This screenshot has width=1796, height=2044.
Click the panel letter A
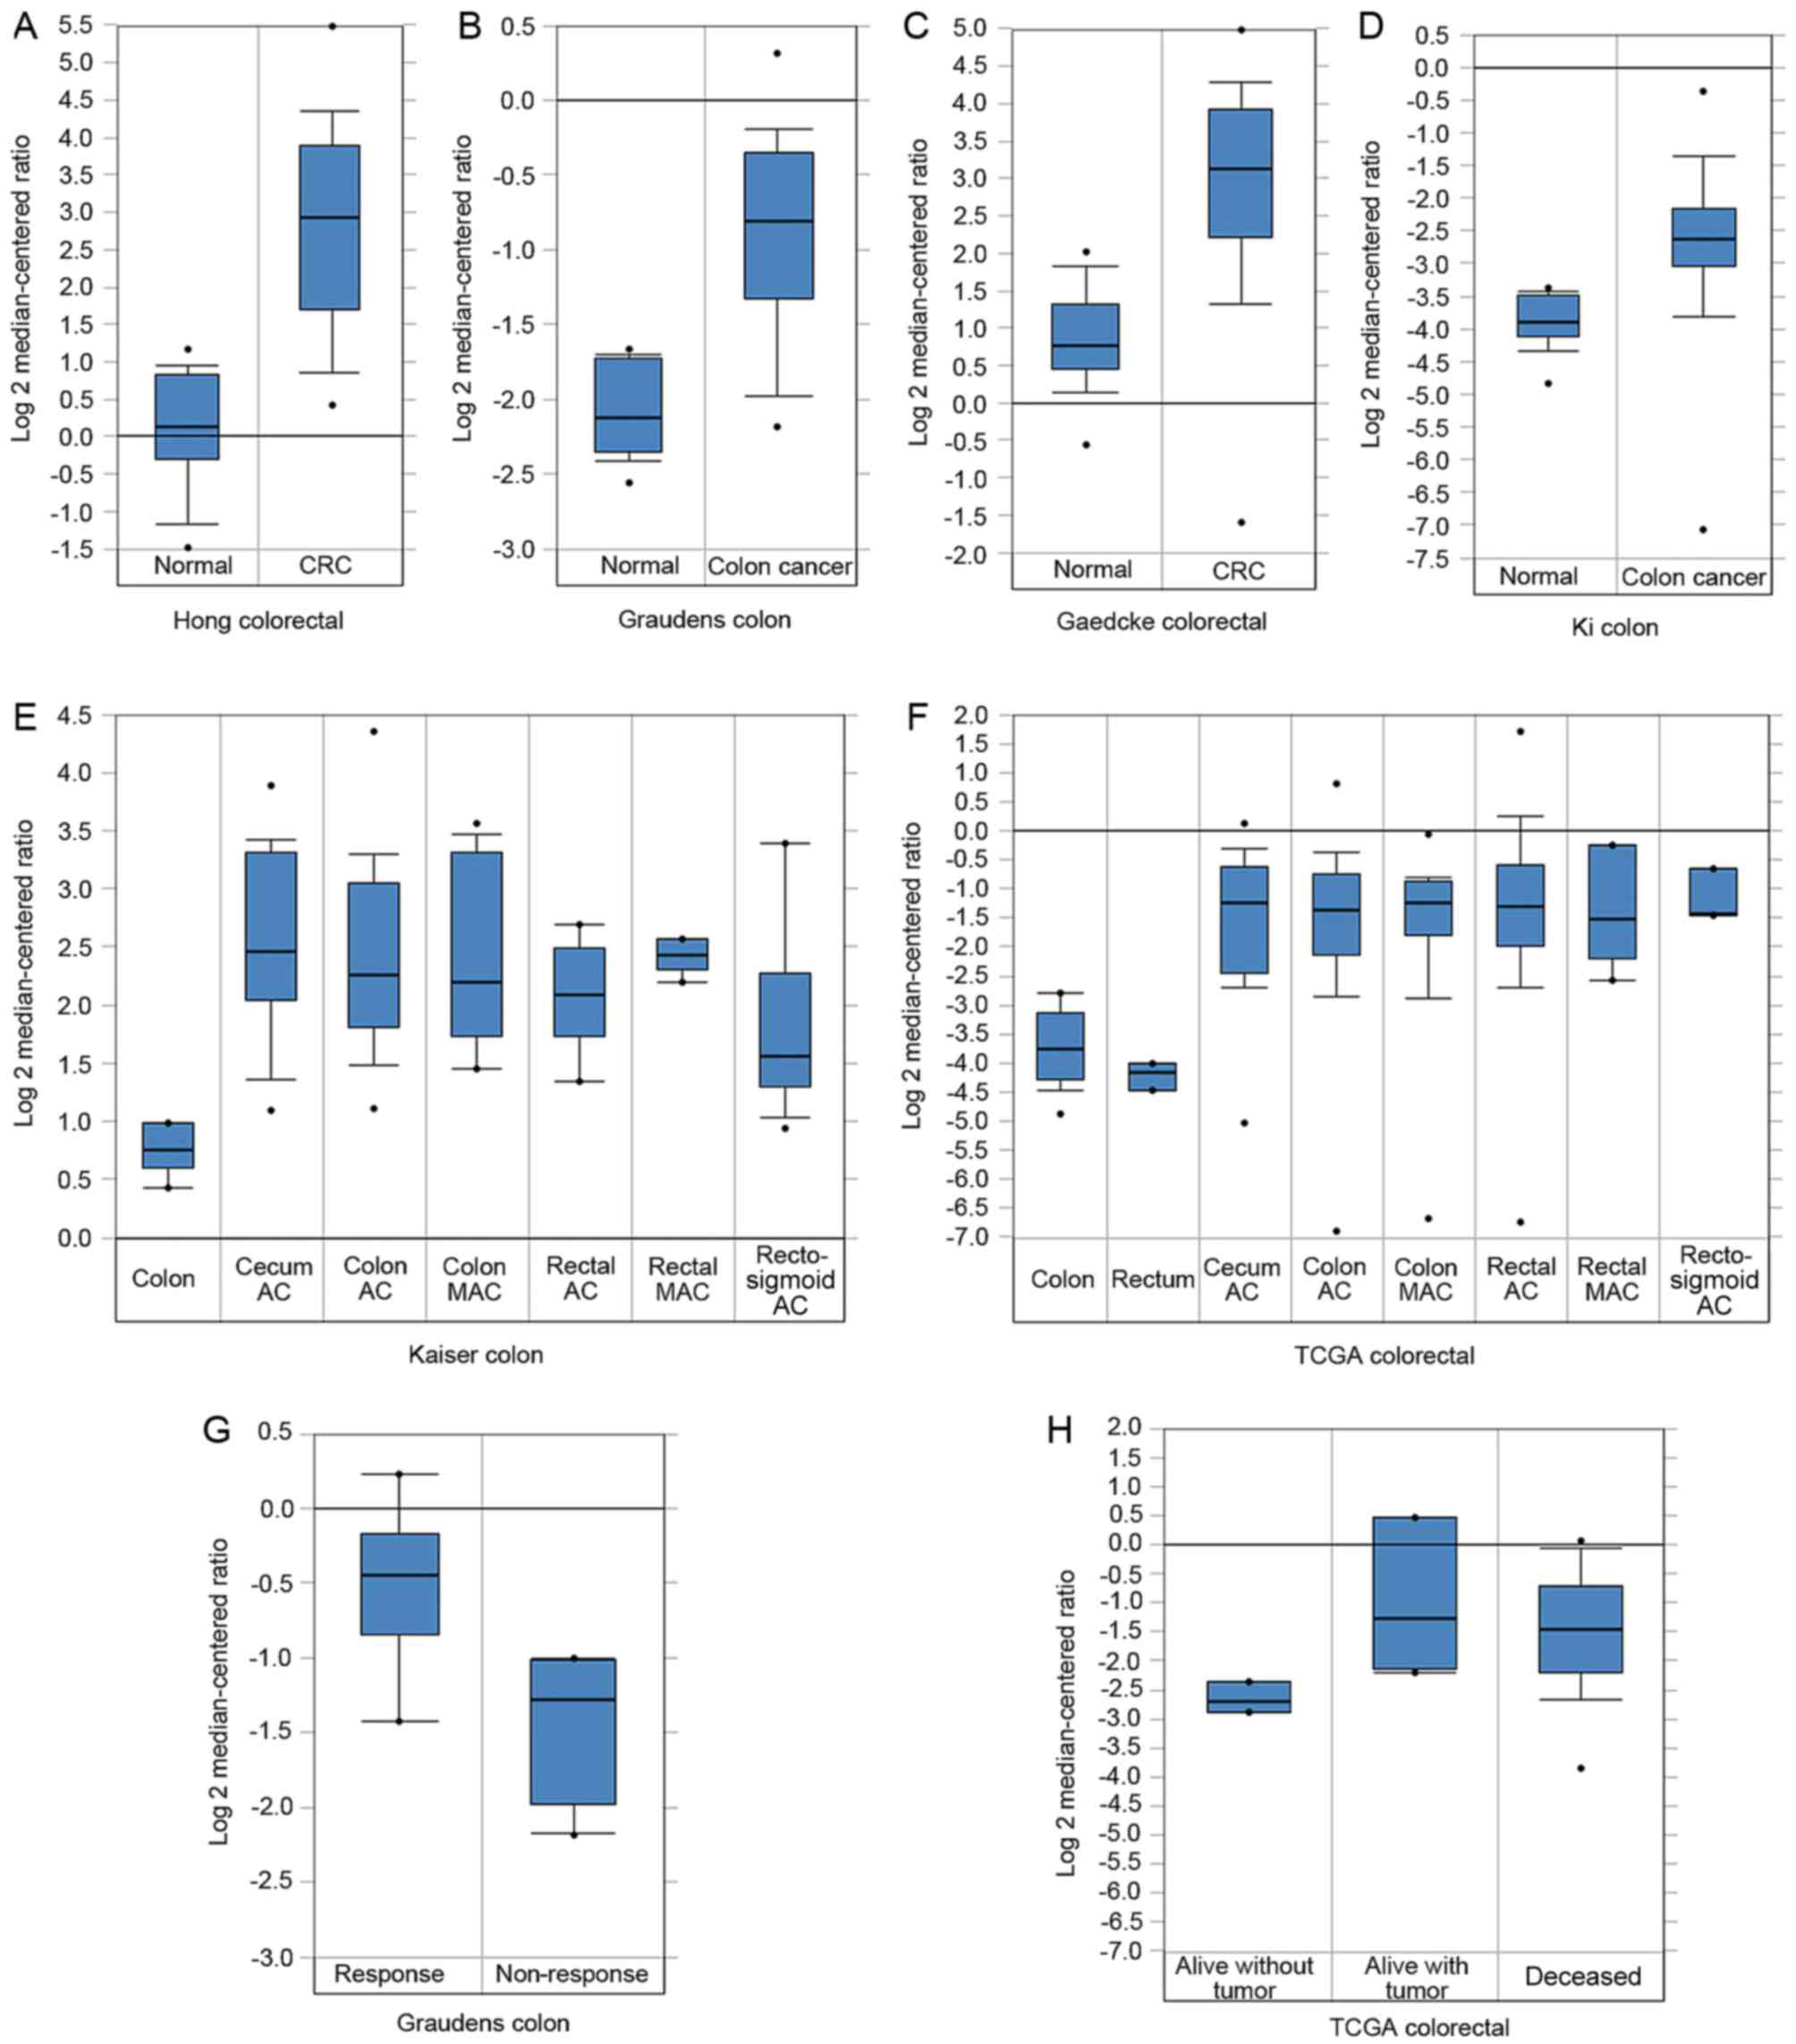(x=24, y=26)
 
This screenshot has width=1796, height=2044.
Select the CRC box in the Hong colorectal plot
(x=330, y=227)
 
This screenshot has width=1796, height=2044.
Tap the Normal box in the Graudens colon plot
(x=628, y=404)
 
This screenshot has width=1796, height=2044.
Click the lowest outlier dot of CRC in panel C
(x=1241, y=522)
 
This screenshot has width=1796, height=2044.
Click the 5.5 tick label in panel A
(x=75, y=25)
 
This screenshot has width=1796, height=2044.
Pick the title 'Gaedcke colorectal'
(x=1161, y=622)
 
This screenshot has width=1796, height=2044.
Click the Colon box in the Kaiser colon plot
(x=168, y=1144)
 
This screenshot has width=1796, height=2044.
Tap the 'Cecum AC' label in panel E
(x=273, y=1279)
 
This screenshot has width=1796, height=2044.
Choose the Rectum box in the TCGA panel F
(x=1152, y=1076)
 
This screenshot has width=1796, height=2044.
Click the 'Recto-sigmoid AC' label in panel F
(x=1713, y=1280)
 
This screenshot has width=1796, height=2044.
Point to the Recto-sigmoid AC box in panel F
(x=1713, y=891)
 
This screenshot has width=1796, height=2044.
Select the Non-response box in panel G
(x=572, y=1730)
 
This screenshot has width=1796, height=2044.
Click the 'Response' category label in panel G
(x=389, y=1973)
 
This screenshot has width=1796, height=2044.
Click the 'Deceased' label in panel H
(x=1582, y=1976)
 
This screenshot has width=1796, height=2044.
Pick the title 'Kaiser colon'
(x=475, y=1355)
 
